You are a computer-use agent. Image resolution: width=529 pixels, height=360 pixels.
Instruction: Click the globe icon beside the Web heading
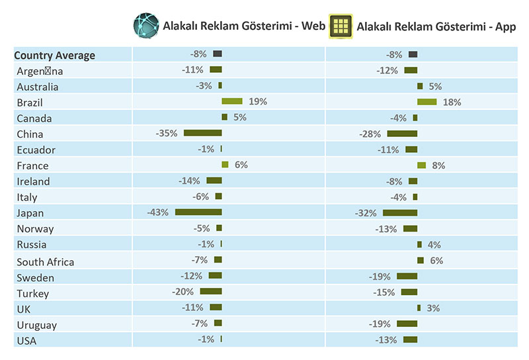click(147, 26)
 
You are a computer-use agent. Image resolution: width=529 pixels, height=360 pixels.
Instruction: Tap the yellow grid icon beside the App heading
click(341, 26)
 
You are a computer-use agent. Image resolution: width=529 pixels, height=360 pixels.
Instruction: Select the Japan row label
click(30, 213)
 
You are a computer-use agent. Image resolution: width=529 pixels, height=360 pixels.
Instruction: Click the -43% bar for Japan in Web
click(198, 212)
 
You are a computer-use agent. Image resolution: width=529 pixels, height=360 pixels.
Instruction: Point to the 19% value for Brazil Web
click(258, 102)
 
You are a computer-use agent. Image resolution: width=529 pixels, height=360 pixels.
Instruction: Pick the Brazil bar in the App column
click(427, 102)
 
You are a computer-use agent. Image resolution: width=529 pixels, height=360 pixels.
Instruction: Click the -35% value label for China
click(167, 133)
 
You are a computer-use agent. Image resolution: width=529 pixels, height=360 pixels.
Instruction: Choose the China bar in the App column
click(402, 134)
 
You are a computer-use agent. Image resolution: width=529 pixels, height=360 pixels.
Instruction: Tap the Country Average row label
click(55, 56)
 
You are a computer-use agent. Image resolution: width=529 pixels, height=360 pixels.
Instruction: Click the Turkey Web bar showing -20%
click(211, 291)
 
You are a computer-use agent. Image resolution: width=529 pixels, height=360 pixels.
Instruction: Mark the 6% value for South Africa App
click(436, 261)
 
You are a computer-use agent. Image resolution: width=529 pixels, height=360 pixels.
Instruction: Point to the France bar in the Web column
click(225, 165)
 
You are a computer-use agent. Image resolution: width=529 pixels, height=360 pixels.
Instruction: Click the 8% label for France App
click(436, 165)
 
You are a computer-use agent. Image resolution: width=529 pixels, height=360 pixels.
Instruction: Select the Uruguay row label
click(37, 325)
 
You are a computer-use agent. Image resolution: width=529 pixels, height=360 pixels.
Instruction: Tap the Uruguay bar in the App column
click(407, 324)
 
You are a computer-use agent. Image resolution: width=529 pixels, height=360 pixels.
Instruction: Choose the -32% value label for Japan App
click(366, 213)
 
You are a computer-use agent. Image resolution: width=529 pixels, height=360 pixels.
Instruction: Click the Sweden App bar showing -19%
click(407, 276)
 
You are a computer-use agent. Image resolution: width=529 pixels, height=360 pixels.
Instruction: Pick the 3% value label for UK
click(433, 308)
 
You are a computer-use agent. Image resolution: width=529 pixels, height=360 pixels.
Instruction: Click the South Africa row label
click(46, 262)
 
